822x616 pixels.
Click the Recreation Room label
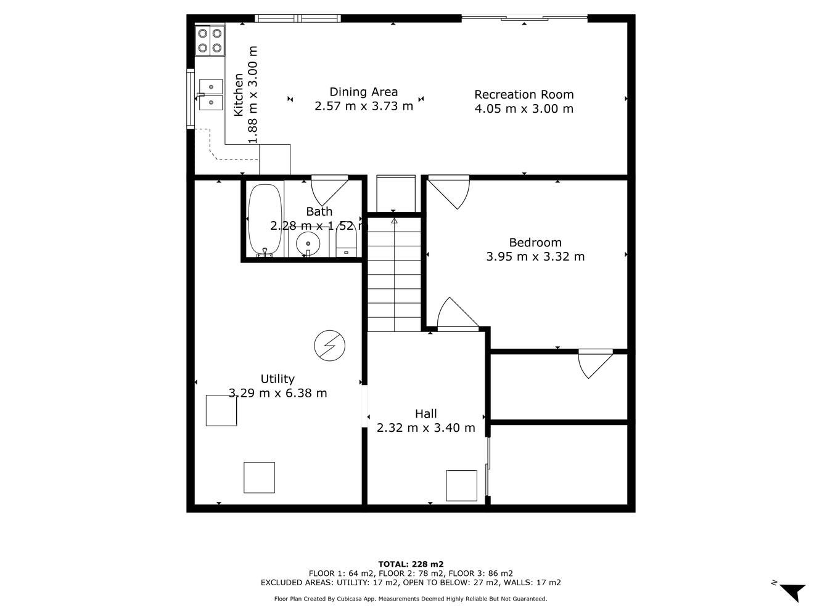pos(524,95)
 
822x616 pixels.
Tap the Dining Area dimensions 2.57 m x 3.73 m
pos(364,106)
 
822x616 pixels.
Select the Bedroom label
pos(535,243)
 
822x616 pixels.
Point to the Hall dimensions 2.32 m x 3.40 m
pos(425,428)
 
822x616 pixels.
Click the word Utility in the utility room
pos(277,379)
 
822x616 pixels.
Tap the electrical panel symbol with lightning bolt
pos(329,346)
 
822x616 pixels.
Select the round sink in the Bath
pos(308,243)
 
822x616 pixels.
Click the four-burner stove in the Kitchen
pos(210,41)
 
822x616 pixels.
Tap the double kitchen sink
pos(210,95)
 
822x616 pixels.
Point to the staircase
pos(394,275)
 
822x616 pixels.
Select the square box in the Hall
pos(461,485)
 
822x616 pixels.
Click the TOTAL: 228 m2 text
pos(411,564)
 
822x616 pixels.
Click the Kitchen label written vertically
pos(239,95)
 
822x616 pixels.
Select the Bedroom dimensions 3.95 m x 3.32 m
pos(535,257)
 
